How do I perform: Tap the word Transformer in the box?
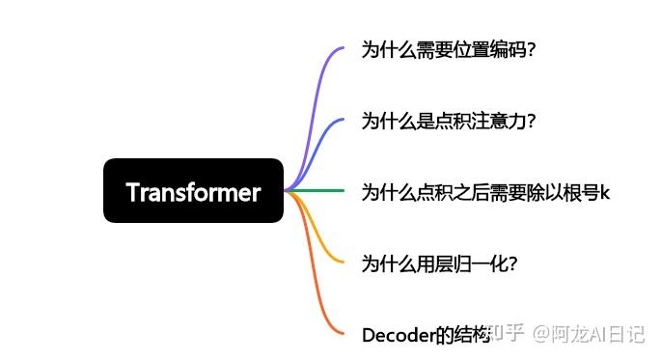pyautogui.click(x=193, y=192)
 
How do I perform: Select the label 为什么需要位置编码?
pyautogui.click(x=448, y=49)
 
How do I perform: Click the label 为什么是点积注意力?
pyautogui.click(x=448, y=121)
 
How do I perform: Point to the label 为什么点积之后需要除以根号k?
pyautogui.click(x=485, y=192)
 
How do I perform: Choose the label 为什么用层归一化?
pyautogui.click(x=439, y=263)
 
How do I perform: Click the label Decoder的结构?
pyautogui.click(x=426, y=335)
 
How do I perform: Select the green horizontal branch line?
pyautogui.click(x=318, y=191)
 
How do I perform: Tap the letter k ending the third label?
pyautogui.click(x=605, y=192)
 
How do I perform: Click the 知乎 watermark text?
pyautogui.click(x=508, y=334)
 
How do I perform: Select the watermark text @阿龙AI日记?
pyautogui.click(x=591, y=334)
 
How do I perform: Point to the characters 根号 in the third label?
pyautogui.click(x=580, y=192)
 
